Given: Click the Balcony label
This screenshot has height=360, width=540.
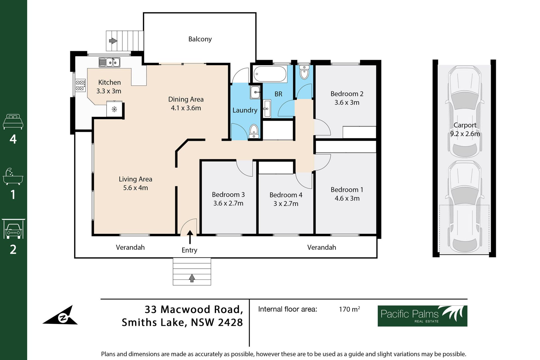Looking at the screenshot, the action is click(x=200, y=39).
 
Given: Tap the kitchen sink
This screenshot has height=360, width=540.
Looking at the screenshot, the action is click(x=109, y=62).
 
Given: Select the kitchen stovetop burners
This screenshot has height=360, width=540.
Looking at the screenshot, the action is click(x=80, y=85).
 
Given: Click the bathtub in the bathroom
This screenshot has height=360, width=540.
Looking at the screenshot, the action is click(x=270, y=74).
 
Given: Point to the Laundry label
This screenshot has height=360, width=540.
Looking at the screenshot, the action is click(x=245, y=110).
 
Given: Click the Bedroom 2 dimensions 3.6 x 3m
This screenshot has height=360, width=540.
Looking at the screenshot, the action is click(x=347, y=102).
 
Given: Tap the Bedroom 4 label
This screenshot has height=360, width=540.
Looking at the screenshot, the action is click(x=286, y=195).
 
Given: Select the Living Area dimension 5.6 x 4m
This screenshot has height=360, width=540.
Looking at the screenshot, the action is click(x=135, y=188).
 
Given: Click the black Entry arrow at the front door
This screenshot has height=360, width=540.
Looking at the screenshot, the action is click(x=190, y=237).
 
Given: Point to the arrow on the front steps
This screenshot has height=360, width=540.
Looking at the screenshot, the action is click(x=192, y=278).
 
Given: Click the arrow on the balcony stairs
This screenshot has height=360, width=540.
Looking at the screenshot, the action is click(x=113, y=41).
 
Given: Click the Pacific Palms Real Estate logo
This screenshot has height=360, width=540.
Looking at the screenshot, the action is click(x=422, y=316).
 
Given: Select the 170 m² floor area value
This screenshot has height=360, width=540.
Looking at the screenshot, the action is click(x=349, y=309).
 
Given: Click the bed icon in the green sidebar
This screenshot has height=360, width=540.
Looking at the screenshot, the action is click(x=13, y=121).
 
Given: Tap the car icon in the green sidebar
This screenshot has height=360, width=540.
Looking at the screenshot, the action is click(x=13, y=229).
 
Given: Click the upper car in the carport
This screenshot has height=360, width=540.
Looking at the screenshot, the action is click(x=465, y=111).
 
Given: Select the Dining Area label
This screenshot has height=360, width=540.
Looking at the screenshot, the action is click(x=186, y=99).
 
